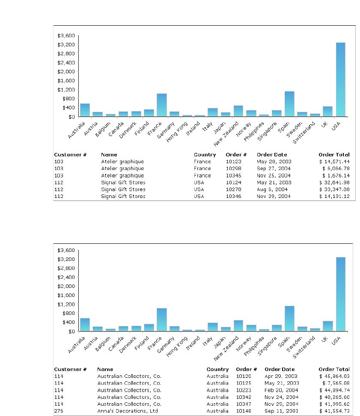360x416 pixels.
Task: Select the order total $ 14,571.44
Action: pyautogui.click(x=334, y=162)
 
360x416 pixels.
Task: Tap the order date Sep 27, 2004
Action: pyautogui.click(x=274, y=168)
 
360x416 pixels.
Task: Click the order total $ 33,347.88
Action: pyautogui.click(x=334, y=189)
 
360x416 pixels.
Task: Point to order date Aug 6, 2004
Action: pyautogui.click(x=272, y=189)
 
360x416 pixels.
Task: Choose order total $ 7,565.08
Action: pyautogui.click(x=336, y=383)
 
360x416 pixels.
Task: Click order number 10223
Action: pyautogui.click(x=244, y=390)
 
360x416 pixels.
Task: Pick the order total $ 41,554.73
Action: pyautogui.click(x=334, y=411)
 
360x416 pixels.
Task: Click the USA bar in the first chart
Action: pyautogui.click(x=340, y=79)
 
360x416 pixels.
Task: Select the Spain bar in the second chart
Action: pyautogui.click(x=289, y=318)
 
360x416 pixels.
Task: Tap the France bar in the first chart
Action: pyautogui.click(x=161, y=105)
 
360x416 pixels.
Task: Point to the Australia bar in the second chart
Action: pyautogui.click(x=85, y=325)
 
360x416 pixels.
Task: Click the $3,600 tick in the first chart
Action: pyautogui.click(x=66, y=36)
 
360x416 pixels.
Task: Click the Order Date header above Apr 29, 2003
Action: pyautogui.click(x=280, y=369)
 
